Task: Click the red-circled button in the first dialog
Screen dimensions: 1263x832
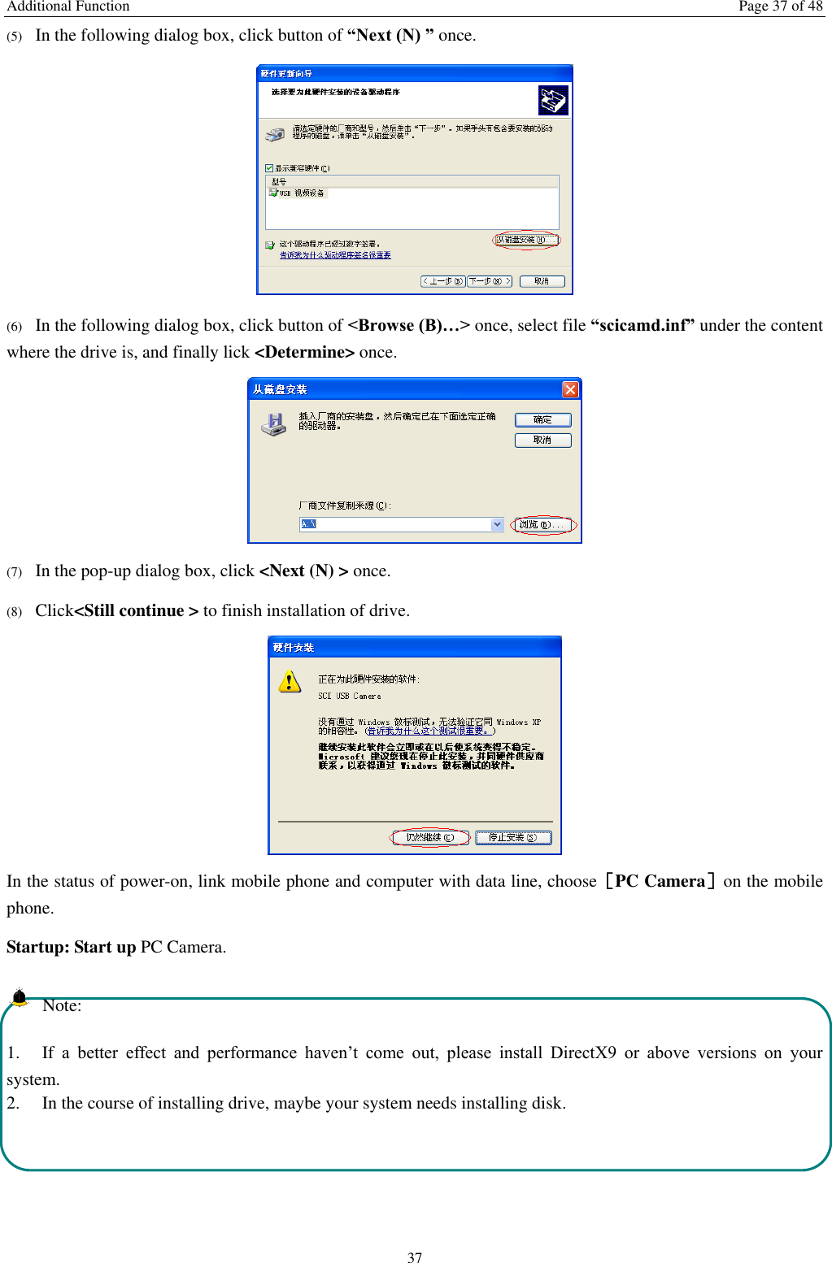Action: click(526, 240)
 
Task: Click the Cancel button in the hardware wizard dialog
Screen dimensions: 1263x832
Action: click(542, 281)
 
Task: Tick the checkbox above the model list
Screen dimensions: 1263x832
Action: click(269, 168)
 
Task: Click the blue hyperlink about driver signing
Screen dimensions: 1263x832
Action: click(335, 255)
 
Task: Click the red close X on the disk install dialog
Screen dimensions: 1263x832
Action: click(570, 389)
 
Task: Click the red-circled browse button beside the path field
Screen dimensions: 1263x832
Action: click(542, 525)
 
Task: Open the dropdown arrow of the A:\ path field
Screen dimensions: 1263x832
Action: click(497, 524)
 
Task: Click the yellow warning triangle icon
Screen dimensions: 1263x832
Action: click(290, 681)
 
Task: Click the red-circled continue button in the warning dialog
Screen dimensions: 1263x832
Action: click(430, 837)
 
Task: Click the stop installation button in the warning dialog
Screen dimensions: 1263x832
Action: click(512, 837)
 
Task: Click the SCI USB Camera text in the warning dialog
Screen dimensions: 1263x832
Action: click(349, 697)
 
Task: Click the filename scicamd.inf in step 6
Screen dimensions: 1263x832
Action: click(642, 325)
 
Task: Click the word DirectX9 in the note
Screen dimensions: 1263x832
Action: click(583, 1052)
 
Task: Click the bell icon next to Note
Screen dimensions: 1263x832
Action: click(20, 996)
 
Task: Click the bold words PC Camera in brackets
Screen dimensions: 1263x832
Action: click(660, 881)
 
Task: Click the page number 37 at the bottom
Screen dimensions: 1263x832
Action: click(415, 1257)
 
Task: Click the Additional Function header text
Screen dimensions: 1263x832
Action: click(68, 7)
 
